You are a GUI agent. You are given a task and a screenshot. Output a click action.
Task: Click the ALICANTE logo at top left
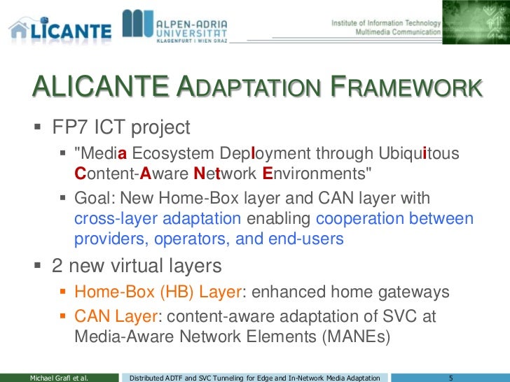pyautogui.click(x=60, y=28)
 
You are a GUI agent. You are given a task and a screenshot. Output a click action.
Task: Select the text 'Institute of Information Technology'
pyautogui.click(x=386, y=22)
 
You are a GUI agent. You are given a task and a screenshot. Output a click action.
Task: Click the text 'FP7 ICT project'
pyautogui.click(x=121, y=128)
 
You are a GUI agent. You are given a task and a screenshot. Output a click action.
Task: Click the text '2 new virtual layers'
pyautogui.click(x=137, y=266)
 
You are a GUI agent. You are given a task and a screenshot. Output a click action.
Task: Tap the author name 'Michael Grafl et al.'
pyautogui.click(x=58, y=377)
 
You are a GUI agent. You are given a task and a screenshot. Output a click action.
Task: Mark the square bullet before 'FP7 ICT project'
pyautogui.click(x=38, y=129)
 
